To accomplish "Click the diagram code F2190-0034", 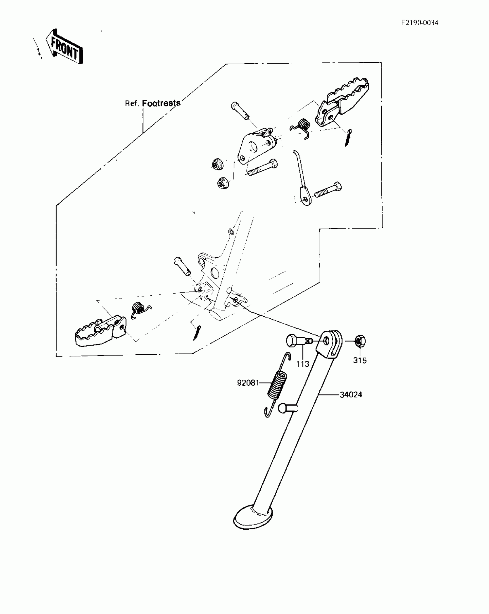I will click(420, 23).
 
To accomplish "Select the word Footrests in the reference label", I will click(161, 103).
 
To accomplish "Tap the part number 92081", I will click(248, 383).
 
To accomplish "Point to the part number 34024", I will click(351, 395).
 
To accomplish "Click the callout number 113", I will click(303, 364).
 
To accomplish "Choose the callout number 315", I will click(360, 360).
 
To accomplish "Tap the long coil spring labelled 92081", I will click(277, 385).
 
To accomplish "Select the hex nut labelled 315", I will click(360, 342).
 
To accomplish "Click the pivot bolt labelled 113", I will click(296, 341).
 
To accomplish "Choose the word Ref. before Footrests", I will click(132, 104).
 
